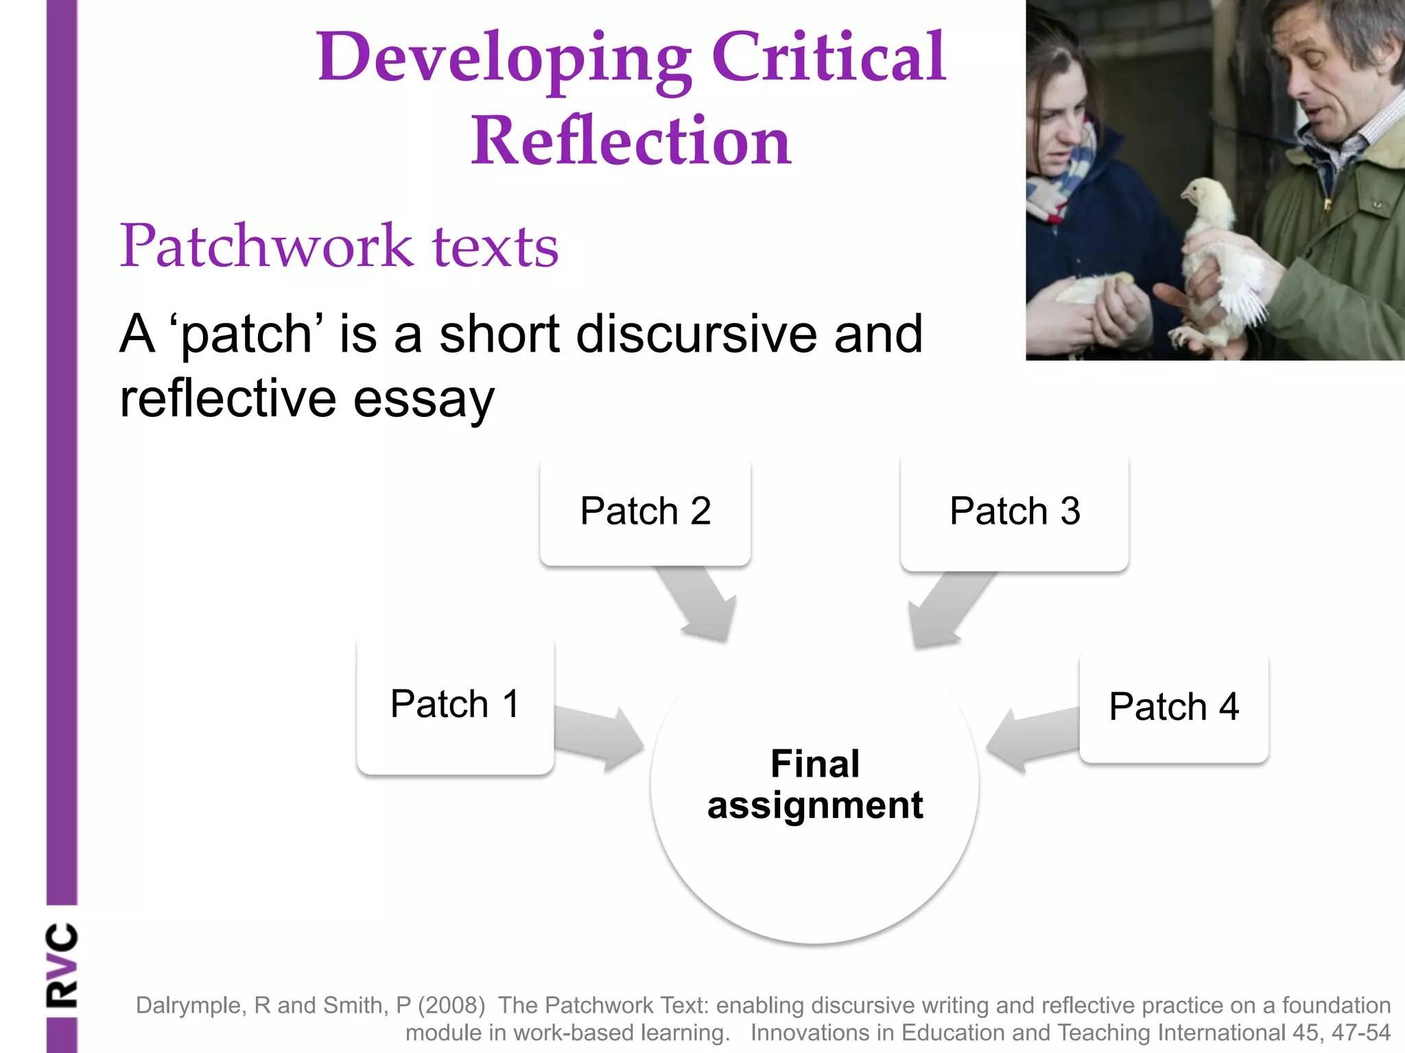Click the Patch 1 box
click(455, 706)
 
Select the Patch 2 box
click(645, 511)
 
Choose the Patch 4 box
click(1173, 707)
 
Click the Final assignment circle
click(814, 795)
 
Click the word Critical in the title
click(828, 58)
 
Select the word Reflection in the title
click(630, 141)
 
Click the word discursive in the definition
click(696, 335)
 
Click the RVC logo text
click(62, 965)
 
